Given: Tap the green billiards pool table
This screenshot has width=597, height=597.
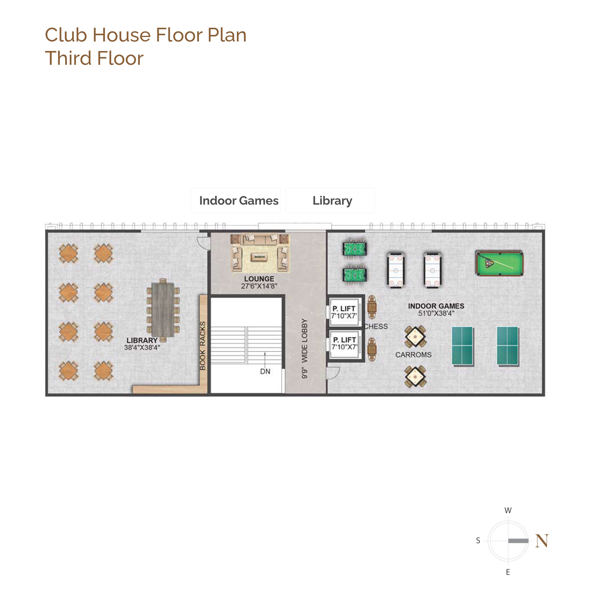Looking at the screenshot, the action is click(499, 263).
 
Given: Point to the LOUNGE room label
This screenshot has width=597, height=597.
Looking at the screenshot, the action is click(259, 279).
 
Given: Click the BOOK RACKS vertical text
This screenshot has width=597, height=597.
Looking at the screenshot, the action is click(202, 345).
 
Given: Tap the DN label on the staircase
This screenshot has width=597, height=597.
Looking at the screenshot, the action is click(265, 371).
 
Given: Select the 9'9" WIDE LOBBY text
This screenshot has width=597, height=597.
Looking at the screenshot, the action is click(305, 349).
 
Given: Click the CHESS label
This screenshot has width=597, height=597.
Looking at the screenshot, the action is click(376, 326).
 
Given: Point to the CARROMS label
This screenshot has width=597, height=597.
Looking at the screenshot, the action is click(413, 355).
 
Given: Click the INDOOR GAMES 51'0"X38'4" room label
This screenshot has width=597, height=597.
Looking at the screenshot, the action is click(436, 310).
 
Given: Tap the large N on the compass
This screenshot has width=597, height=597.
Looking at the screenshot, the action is click(542, 541).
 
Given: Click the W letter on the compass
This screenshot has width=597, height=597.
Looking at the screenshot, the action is click(508, 510).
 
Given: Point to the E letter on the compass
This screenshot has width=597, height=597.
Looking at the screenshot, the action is click(508, 572).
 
